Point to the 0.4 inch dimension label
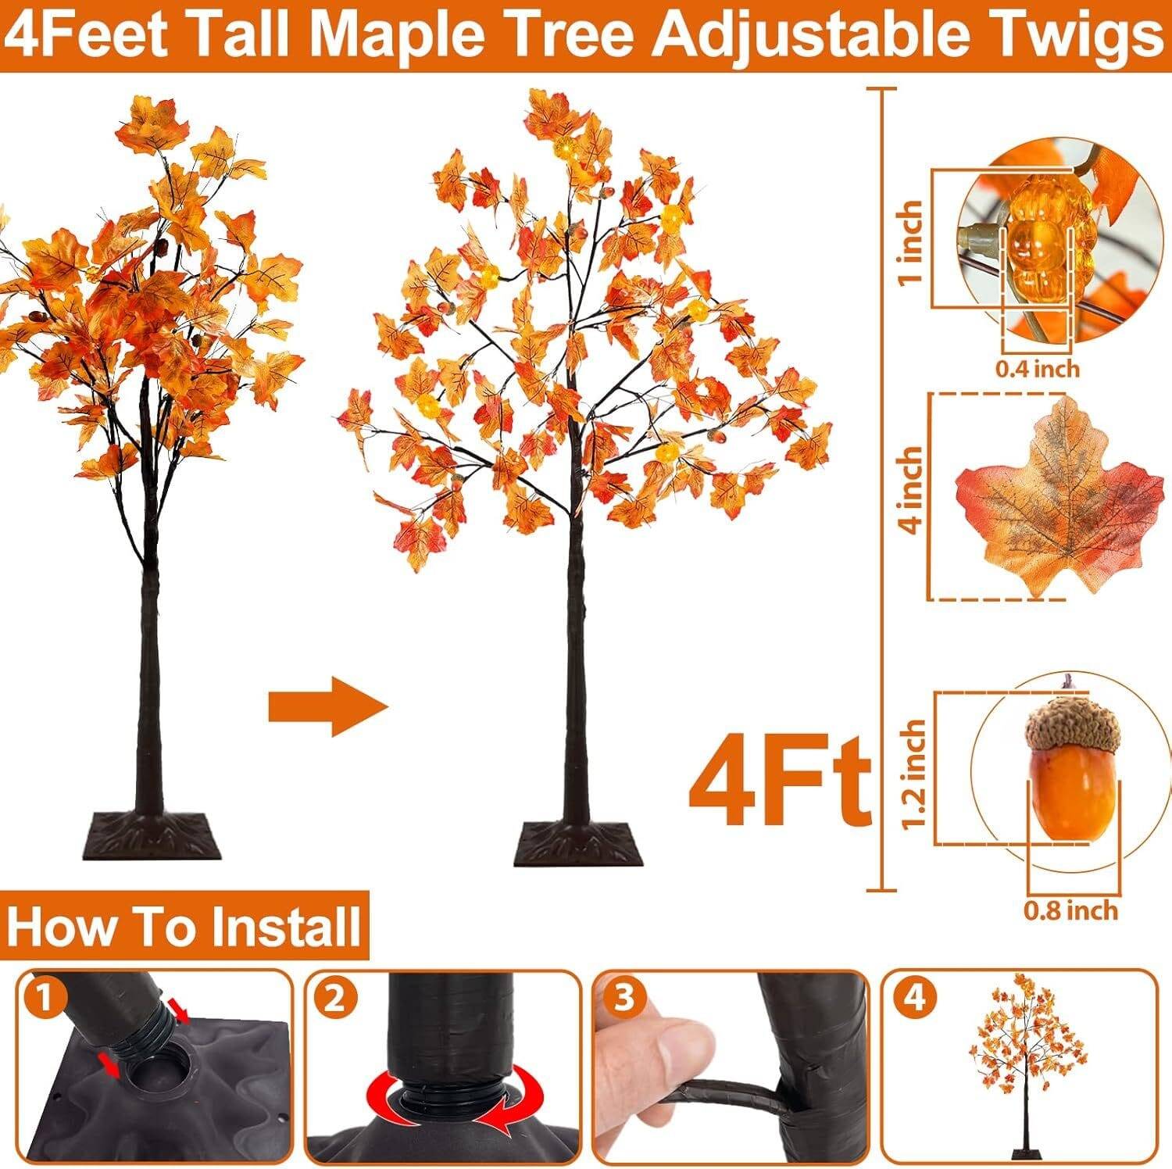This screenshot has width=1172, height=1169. (x=1038, y=367)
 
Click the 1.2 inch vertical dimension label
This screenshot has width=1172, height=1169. (x=913, y=776)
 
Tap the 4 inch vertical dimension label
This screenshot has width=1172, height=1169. (x=911, y=490)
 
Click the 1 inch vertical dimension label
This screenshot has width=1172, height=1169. (x=911, y=243)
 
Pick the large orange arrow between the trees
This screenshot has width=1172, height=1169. (x=328, y=708)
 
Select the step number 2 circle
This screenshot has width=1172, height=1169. (x=334, y=999)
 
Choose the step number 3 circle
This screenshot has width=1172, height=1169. (x=624, y=999)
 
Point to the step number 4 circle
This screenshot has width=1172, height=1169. (x=916, y=999)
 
